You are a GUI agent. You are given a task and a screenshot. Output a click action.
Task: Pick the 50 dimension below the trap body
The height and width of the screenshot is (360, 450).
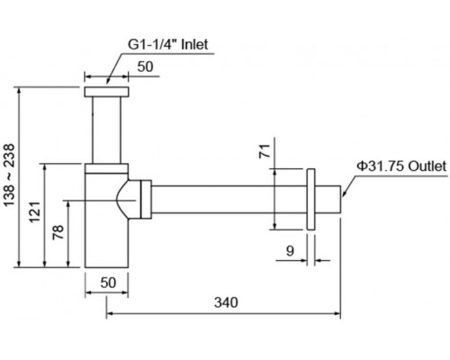108,283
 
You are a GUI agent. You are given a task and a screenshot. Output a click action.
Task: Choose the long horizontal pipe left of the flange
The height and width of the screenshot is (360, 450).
225,200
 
